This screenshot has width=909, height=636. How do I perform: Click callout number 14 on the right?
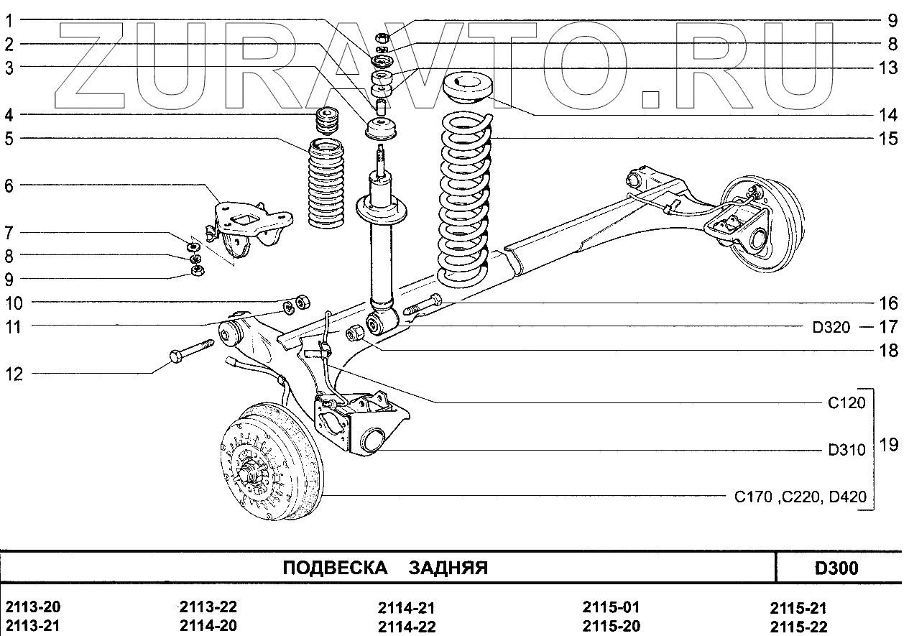point(888,115)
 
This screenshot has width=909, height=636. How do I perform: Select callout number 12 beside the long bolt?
point(14,374)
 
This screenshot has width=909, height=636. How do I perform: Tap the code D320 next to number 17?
point(831,328)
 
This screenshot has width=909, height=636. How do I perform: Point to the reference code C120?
point(846,403)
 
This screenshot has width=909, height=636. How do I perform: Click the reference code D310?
point(846,451)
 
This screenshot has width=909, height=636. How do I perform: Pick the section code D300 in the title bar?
point(836,568)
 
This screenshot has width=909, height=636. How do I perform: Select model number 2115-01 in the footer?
point(611,607)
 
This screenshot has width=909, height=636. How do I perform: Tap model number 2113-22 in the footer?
point(208,607)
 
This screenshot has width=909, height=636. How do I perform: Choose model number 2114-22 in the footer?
point(407,627)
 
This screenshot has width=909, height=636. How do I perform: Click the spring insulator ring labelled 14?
point(468,89)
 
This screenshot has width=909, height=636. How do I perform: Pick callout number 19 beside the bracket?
point(888,445)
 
